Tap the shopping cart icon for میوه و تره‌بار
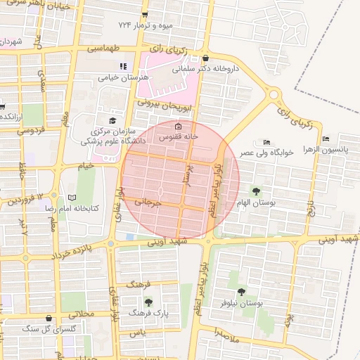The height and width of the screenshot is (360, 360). click(144, 15)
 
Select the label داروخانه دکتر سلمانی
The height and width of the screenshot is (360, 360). click(204, 70)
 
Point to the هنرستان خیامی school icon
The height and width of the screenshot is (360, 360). click(123, 66)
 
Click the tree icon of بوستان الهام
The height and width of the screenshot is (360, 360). click(255, 191)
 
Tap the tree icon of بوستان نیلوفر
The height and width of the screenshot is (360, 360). click(241, 291)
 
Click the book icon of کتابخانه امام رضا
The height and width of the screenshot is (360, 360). click(70, 198)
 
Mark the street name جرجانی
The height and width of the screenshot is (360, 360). click(148, 203)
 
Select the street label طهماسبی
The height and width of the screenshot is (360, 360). click(103, 49)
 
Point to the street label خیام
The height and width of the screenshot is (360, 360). click(86, 165)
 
